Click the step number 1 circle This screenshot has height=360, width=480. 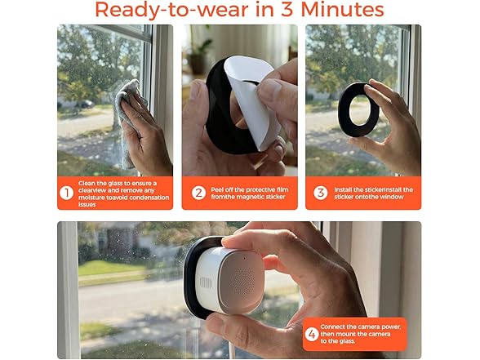tap(67, 193)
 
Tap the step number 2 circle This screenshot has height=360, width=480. tap(198, 193)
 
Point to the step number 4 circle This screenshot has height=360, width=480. tap(311, 334)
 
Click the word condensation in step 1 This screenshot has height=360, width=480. tap(143, 197)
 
